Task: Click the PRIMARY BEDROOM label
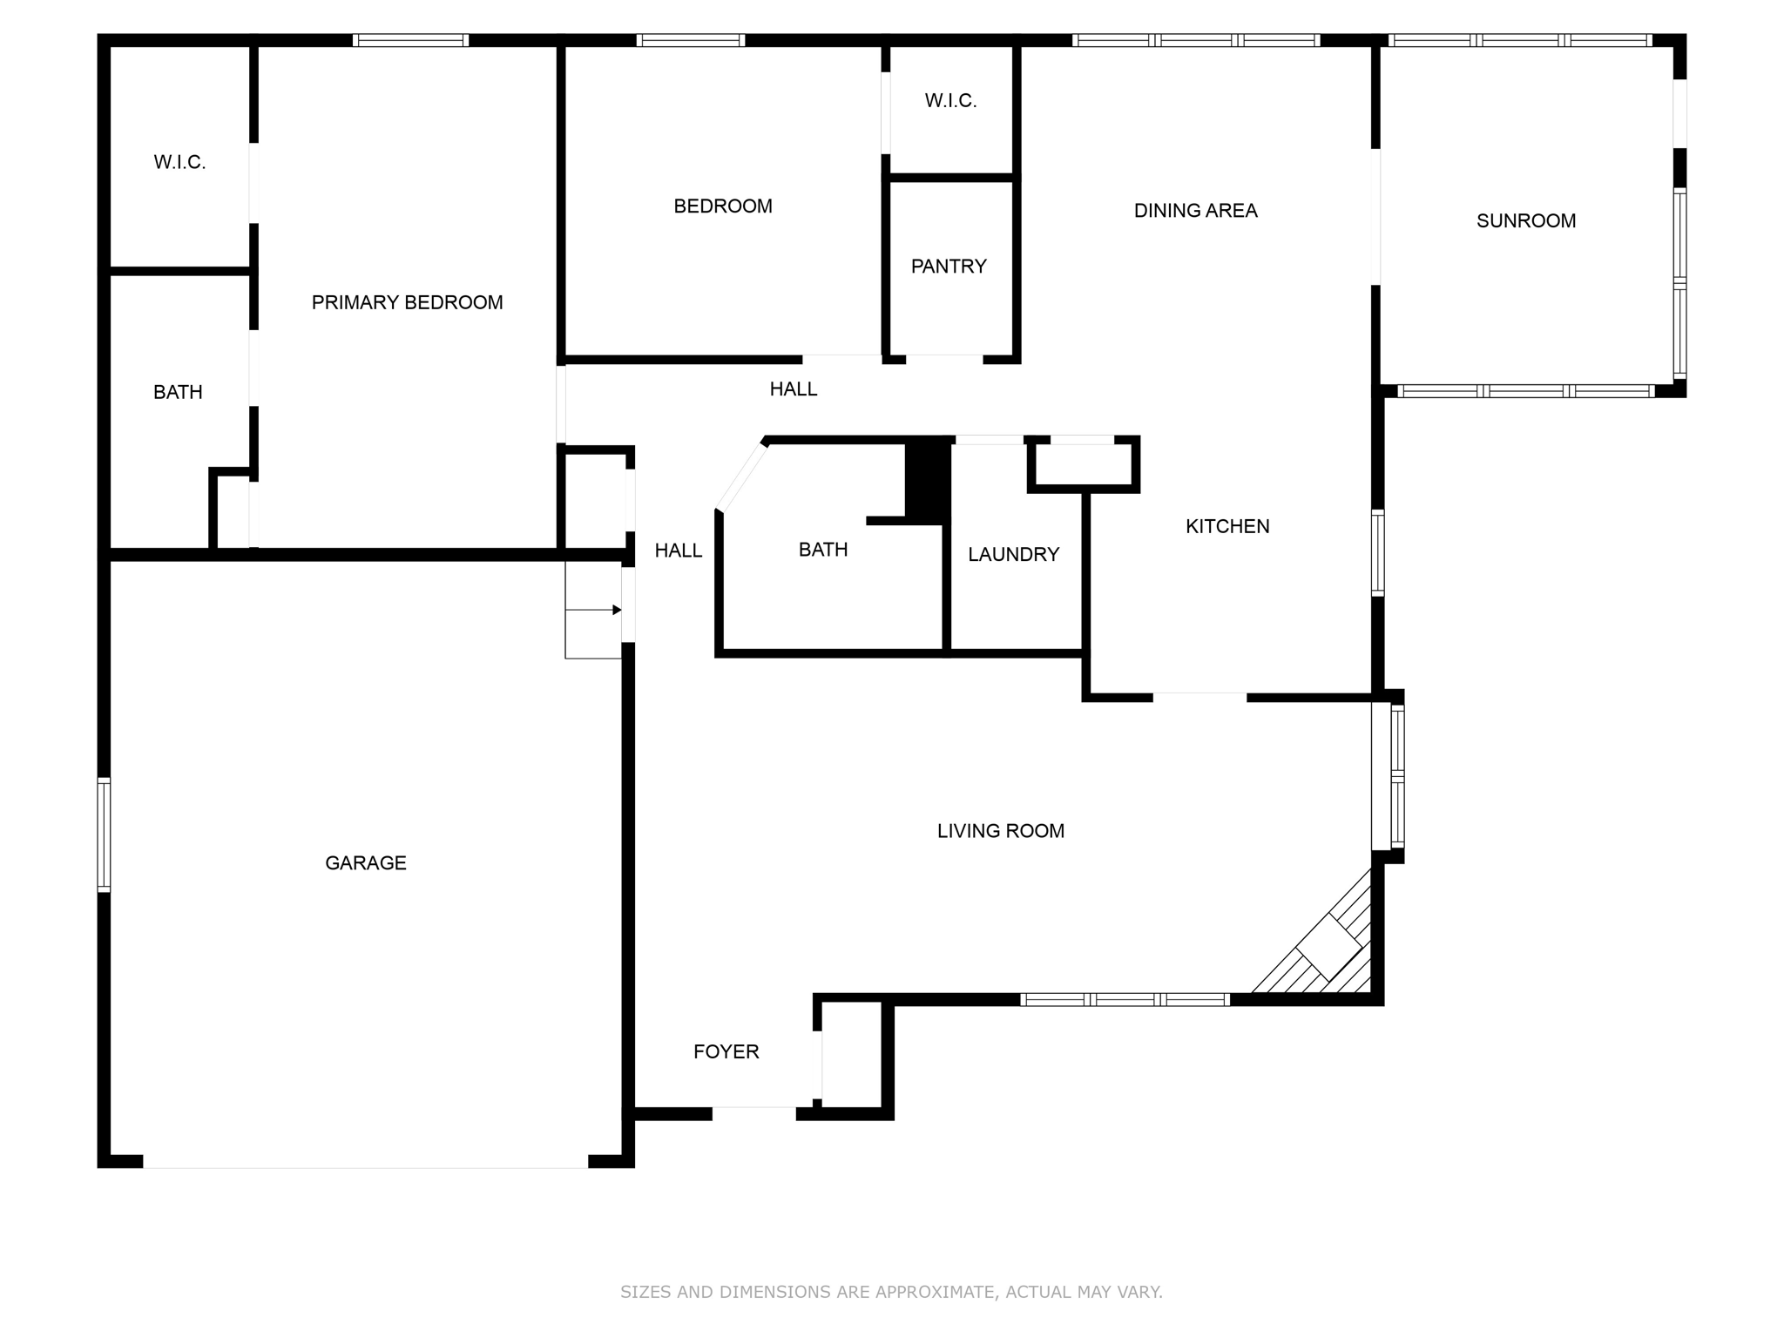407,302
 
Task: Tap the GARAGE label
365,862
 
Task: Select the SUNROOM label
1525,220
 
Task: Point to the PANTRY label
949,266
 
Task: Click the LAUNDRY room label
1013,554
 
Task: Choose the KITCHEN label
1226,526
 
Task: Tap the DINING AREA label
1195,210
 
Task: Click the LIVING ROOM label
1000,831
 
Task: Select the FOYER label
726,1051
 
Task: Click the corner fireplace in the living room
1328,947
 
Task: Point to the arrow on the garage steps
616,610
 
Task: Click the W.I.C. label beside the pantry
950,101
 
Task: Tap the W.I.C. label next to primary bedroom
179,162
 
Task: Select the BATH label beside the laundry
822,550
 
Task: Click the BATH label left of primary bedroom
178,392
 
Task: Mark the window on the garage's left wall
104,835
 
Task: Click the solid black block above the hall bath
928,481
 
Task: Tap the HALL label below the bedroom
793,389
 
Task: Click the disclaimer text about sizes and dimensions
891,1292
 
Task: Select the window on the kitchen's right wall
1377,553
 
